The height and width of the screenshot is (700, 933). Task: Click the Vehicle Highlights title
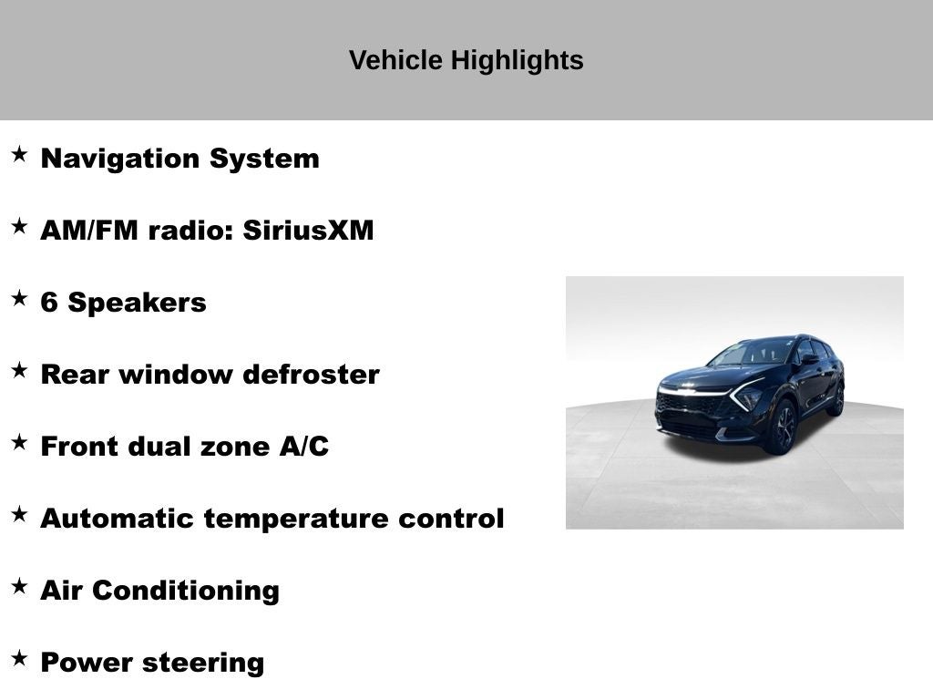click(x=466, y=61)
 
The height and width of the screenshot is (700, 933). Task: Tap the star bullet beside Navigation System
click(x=19, y=154)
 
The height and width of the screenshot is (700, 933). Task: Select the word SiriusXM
click(x=308, y=231)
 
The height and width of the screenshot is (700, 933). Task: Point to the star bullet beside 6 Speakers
click(x=19, y=298)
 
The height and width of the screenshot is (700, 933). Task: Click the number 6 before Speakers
click(x=49, y=303)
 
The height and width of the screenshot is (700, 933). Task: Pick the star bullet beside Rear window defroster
click(x=19, y=370)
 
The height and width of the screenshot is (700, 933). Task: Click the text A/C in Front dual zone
click(x=304, y=447)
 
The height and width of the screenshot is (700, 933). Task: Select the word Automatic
click(x=118, y=519)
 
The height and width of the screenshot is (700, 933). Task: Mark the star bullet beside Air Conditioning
click(x=19, y=586)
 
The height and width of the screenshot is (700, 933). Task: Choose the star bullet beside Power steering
click(x=19, y=658)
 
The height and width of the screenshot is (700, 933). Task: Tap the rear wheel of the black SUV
click(x=836, y=399)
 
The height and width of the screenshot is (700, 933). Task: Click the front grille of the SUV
click(x=691, y=406)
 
